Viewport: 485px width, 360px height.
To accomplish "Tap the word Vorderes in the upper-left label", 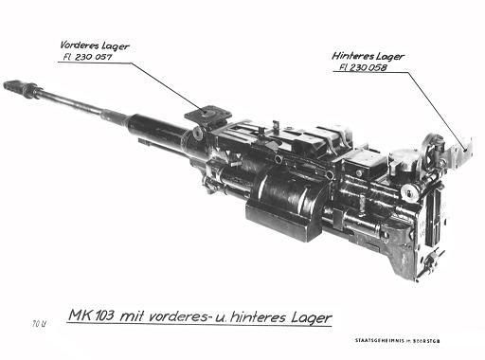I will coord(78,45).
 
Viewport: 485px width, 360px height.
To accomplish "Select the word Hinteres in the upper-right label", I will coord(355,56).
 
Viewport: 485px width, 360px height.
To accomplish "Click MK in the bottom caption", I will coord(82,315).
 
